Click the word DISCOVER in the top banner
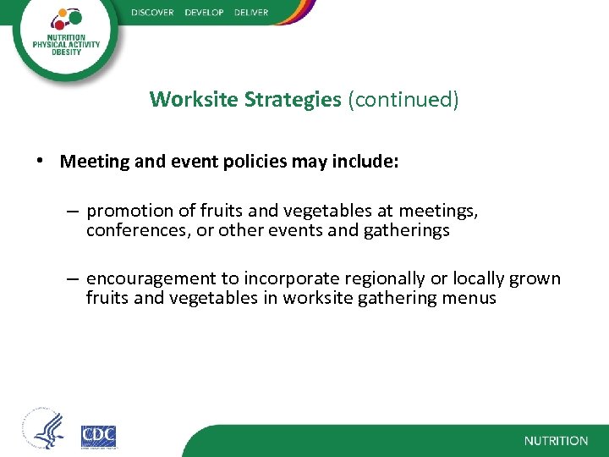tap(153, 12)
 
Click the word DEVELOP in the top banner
tap(203, 12)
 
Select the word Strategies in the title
tap(293, 100)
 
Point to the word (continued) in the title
tap(403, 100)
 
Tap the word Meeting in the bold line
tap(95, 161)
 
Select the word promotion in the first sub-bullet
tap(127, 212)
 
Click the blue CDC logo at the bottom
tap(98, 436)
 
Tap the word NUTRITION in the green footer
tap(556, 441)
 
